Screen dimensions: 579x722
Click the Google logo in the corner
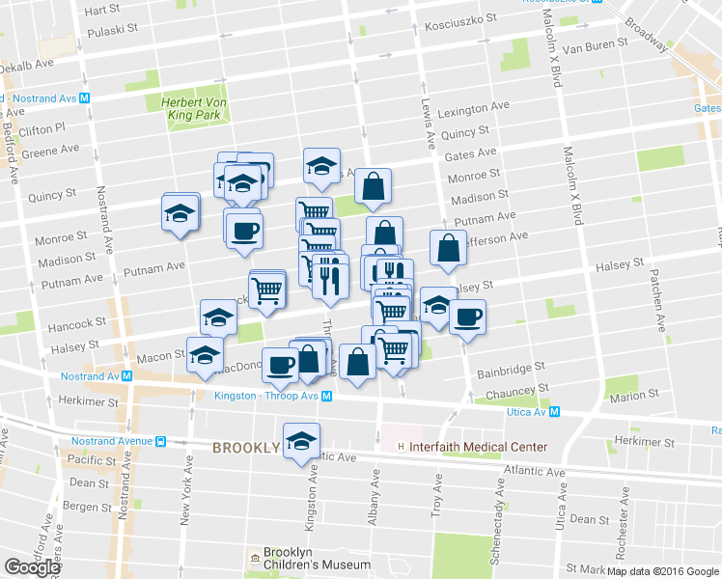click(32, 567)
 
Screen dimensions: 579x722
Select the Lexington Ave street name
click(473, 109)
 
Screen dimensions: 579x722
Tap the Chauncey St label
click(512, 391)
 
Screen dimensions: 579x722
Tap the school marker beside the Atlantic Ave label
click(301, 439)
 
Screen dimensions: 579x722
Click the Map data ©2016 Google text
click(662, 571)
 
